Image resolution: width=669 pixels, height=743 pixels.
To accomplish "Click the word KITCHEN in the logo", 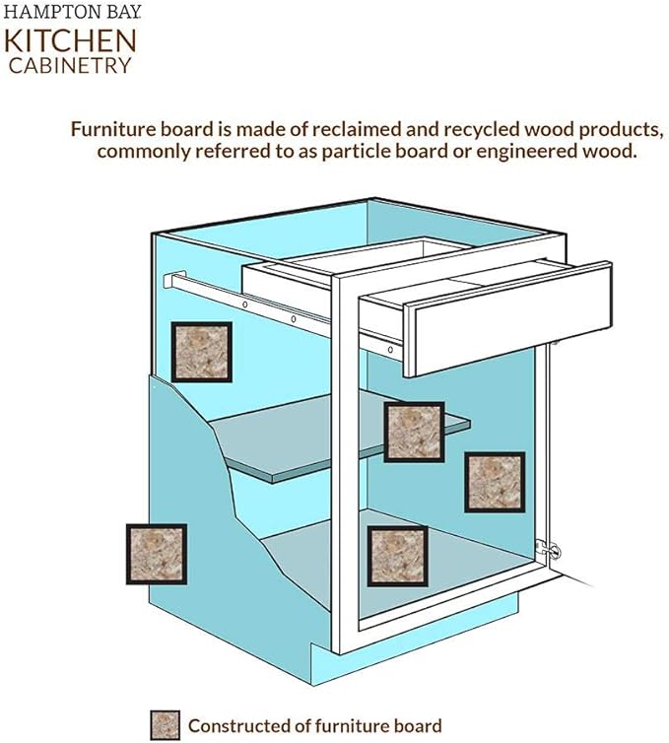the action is pyautogui.click(x=71, y=40).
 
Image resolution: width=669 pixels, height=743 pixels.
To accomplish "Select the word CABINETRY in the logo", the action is pyautogui.click(x=71, y=65).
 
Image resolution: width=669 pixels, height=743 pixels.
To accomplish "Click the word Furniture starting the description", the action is pyautogui.click(x=111, y=129).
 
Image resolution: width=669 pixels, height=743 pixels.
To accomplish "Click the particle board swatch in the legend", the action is pyautogui.click(x=165, y=725).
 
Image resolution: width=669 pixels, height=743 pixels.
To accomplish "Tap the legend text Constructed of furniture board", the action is pyautogui.click(x=314, y=726).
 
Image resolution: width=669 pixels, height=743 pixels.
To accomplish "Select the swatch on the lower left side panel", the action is pyautogui.click(x=157, y=553).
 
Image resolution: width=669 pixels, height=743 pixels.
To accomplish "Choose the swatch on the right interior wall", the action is pyautogui.click(x=494, y=482).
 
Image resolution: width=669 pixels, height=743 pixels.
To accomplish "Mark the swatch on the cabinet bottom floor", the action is pyautogui.click(x=397, y=556).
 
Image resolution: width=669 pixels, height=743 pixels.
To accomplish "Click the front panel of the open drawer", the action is pyautogui.click(x=507, y=320).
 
